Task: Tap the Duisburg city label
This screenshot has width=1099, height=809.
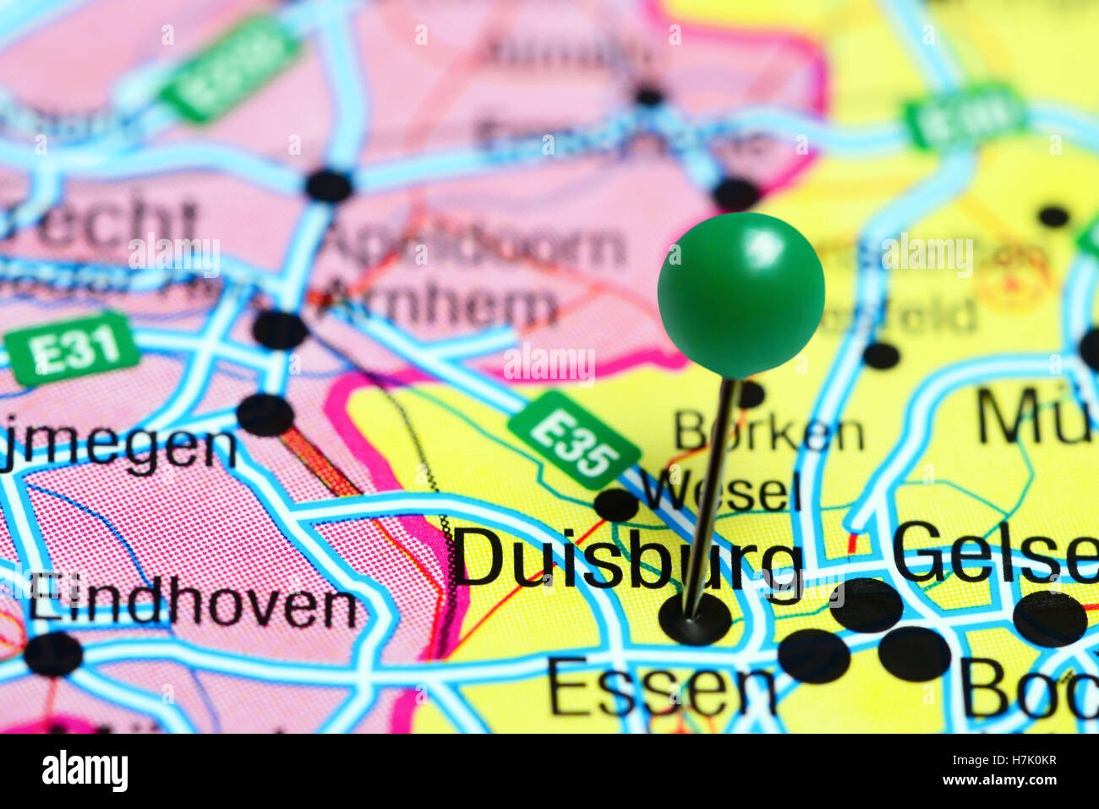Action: (626, 558)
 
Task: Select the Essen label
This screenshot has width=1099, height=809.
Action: (661, 687)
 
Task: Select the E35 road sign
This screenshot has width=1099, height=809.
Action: (573, 440)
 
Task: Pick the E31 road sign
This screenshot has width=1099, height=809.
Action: (72, 347)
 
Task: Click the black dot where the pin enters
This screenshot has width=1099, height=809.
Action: (694, 620)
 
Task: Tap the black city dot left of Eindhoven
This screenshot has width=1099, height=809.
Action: (53, 653)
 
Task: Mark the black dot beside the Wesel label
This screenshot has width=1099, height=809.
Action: (615, 505)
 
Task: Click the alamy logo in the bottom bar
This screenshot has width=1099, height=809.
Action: (85, 771)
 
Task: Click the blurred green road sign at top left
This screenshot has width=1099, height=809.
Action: (230, 68)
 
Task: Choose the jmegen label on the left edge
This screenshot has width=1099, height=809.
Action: (118, 445)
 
